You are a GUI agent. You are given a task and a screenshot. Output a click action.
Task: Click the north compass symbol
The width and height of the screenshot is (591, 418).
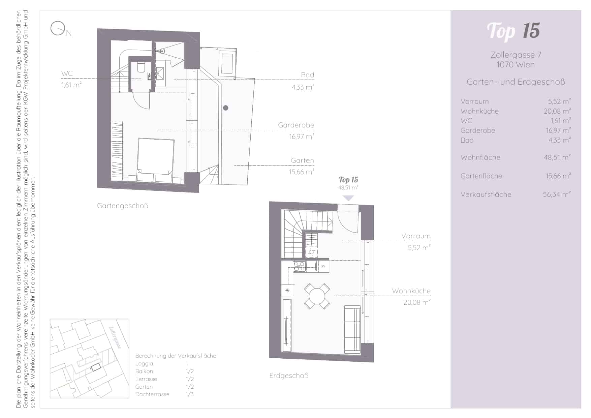click(x=58, y=28)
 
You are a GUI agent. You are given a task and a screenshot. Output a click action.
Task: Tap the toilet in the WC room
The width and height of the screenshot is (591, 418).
click(x=141, y=68)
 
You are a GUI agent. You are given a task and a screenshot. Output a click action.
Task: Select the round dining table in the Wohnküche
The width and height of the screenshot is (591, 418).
click(x=317, y=296)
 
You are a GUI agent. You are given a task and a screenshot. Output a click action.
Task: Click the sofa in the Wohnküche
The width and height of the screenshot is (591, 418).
click(x=352, y=329)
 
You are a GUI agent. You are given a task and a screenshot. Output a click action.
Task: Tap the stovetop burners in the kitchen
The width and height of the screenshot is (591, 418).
click(x=299, y=266)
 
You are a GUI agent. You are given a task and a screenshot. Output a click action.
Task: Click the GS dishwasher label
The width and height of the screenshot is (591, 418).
click(x=323, y=266)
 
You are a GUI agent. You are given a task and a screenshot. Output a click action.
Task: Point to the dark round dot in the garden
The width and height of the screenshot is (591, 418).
click(x=226, y=108)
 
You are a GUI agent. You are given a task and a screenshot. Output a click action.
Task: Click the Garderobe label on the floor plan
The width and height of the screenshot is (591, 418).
click(x=296, y=125)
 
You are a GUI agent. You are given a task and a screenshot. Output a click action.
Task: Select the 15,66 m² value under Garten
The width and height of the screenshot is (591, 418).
click(x=301, y=172)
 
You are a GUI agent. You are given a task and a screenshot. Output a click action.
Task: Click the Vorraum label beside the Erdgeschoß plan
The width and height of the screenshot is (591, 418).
click(x=416, y=236)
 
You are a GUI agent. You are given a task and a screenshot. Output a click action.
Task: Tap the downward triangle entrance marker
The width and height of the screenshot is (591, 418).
click(x=348, y=198)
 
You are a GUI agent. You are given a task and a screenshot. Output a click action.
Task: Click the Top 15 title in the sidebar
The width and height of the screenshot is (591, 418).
click(x=513, y=31)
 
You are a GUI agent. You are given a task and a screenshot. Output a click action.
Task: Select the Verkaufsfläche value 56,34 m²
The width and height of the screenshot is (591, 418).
click(x=557, y=194)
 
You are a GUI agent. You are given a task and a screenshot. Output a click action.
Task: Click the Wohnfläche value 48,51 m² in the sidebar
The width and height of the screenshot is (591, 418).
click(x=557, y=157)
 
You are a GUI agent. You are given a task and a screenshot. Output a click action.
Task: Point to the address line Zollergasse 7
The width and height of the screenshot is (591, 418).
click(x=516, y=55)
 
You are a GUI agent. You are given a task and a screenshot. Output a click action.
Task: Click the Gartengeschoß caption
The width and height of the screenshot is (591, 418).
click(x=123, y=206)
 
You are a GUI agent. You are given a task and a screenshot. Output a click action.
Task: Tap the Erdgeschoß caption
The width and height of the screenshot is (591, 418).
click(x=289, y=376)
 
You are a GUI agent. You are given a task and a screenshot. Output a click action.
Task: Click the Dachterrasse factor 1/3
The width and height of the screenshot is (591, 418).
click(x=190, y=394)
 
